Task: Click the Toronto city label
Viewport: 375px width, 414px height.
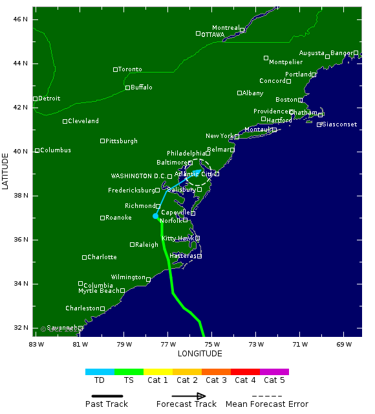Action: [x=130, y=69]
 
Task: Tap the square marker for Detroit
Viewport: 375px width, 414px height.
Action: [x=36, y=98]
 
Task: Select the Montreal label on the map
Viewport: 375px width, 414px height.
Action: [x=226, y=28]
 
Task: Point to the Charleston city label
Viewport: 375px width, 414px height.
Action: [x=82, y=308]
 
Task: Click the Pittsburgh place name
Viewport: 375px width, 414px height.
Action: [x=122, y=141]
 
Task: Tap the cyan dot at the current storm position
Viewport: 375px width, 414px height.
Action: [x=156, y=216]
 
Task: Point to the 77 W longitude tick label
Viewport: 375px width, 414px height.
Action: [x=168, y=343]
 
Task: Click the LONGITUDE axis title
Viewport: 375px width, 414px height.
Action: [x=200, y=354]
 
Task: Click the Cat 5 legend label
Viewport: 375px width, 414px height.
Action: [x=274, y=380]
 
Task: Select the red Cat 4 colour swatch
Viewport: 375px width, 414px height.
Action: [x=245, y=372]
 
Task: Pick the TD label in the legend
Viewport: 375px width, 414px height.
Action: [x=100, y=380]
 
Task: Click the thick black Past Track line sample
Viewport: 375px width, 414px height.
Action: [x=107, y=396]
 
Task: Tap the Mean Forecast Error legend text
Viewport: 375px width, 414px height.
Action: [x=267, y=404]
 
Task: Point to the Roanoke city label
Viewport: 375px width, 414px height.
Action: [x=118, y=218]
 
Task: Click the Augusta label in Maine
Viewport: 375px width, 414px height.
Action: [x=312, y=53]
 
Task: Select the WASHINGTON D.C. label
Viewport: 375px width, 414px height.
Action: [x=138, y=176]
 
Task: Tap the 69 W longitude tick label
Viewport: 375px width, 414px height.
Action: [x=343, y=343]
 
